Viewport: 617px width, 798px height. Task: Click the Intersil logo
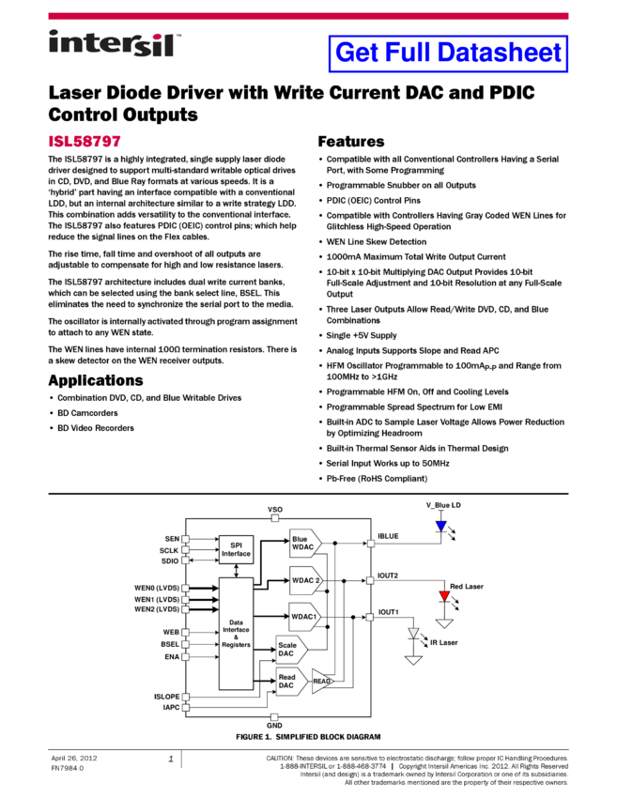(116, 44)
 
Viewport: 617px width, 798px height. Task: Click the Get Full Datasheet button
(448, 54)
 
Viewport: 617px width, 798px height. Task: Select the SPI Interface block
(236, 549)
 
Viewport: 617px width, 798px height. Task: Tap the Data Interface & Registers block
(236, 634)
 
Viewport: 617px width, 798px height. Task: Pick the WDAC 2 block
(303, 580)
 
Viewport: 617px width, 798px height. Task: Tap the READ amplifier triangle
(321, 682)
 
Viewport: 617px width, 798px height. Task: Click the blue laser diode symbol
(441, 527)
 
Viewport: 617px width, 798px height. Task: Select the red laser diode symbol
(444, 596)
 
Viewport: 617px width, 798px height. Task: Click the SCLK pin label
(169, 550)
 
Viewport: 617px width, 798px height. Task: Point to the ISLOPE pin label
(166, 697)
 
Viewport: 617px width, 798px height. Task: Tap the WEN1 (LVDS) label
(157, 599)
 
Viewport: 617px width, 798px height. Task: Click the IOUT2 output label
(388, 575)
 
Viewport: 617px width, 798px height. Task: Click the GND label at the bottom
(274, 726)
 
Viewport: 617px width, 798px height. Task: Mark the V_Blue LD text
(443, 505)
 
